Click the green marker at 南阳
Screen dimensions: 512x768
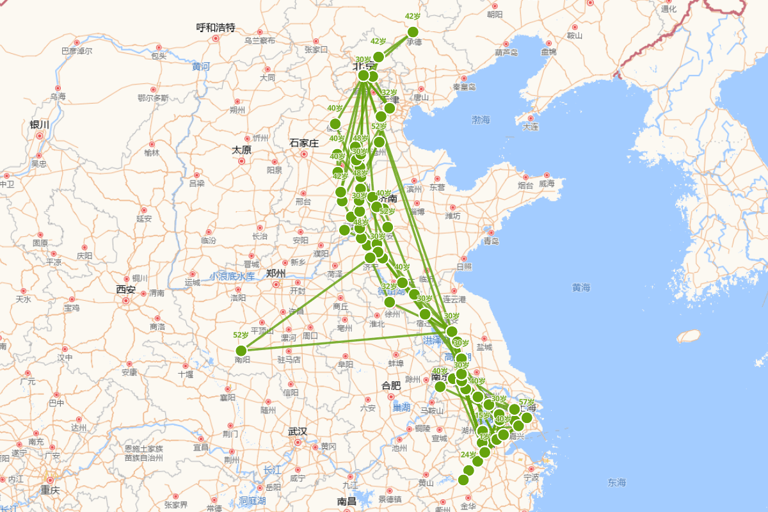point(241,351)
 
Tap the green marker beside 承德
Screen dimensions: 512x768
point(413,32)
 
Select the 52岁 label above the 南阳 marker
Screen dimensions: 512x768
point(241,335)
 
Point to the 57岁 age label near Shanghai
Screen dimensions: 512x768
point(527,402)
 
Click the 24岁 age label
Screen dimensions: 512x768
point(468,455)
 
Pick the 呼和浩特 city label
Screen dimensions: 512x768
point(216,28)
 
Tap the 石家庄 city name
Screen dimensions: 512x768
point(304,143)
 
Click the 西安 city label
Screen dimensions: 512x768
point(126,289)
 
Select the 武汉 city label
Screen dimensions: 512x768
point(298,431)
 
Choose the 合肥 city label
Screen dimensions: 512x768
point(390,385)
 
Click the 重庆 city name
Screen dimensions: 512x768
point(51,490)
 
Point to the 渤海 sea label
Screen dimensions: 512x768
point(481,120)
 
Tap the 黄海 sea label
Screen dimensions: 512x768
point(581,287)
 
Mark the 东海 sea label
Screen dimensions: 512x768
point(617,482)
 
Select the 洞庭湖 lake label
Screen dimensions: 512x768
point(252,500)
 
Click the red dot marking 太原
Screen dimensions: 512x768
point(242,161)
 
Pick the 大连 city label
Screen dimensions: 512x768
point(531,127)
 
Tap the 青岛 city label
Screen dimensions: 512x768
point(491,241)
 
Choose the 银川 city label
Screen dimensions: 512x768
point(40,125)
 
